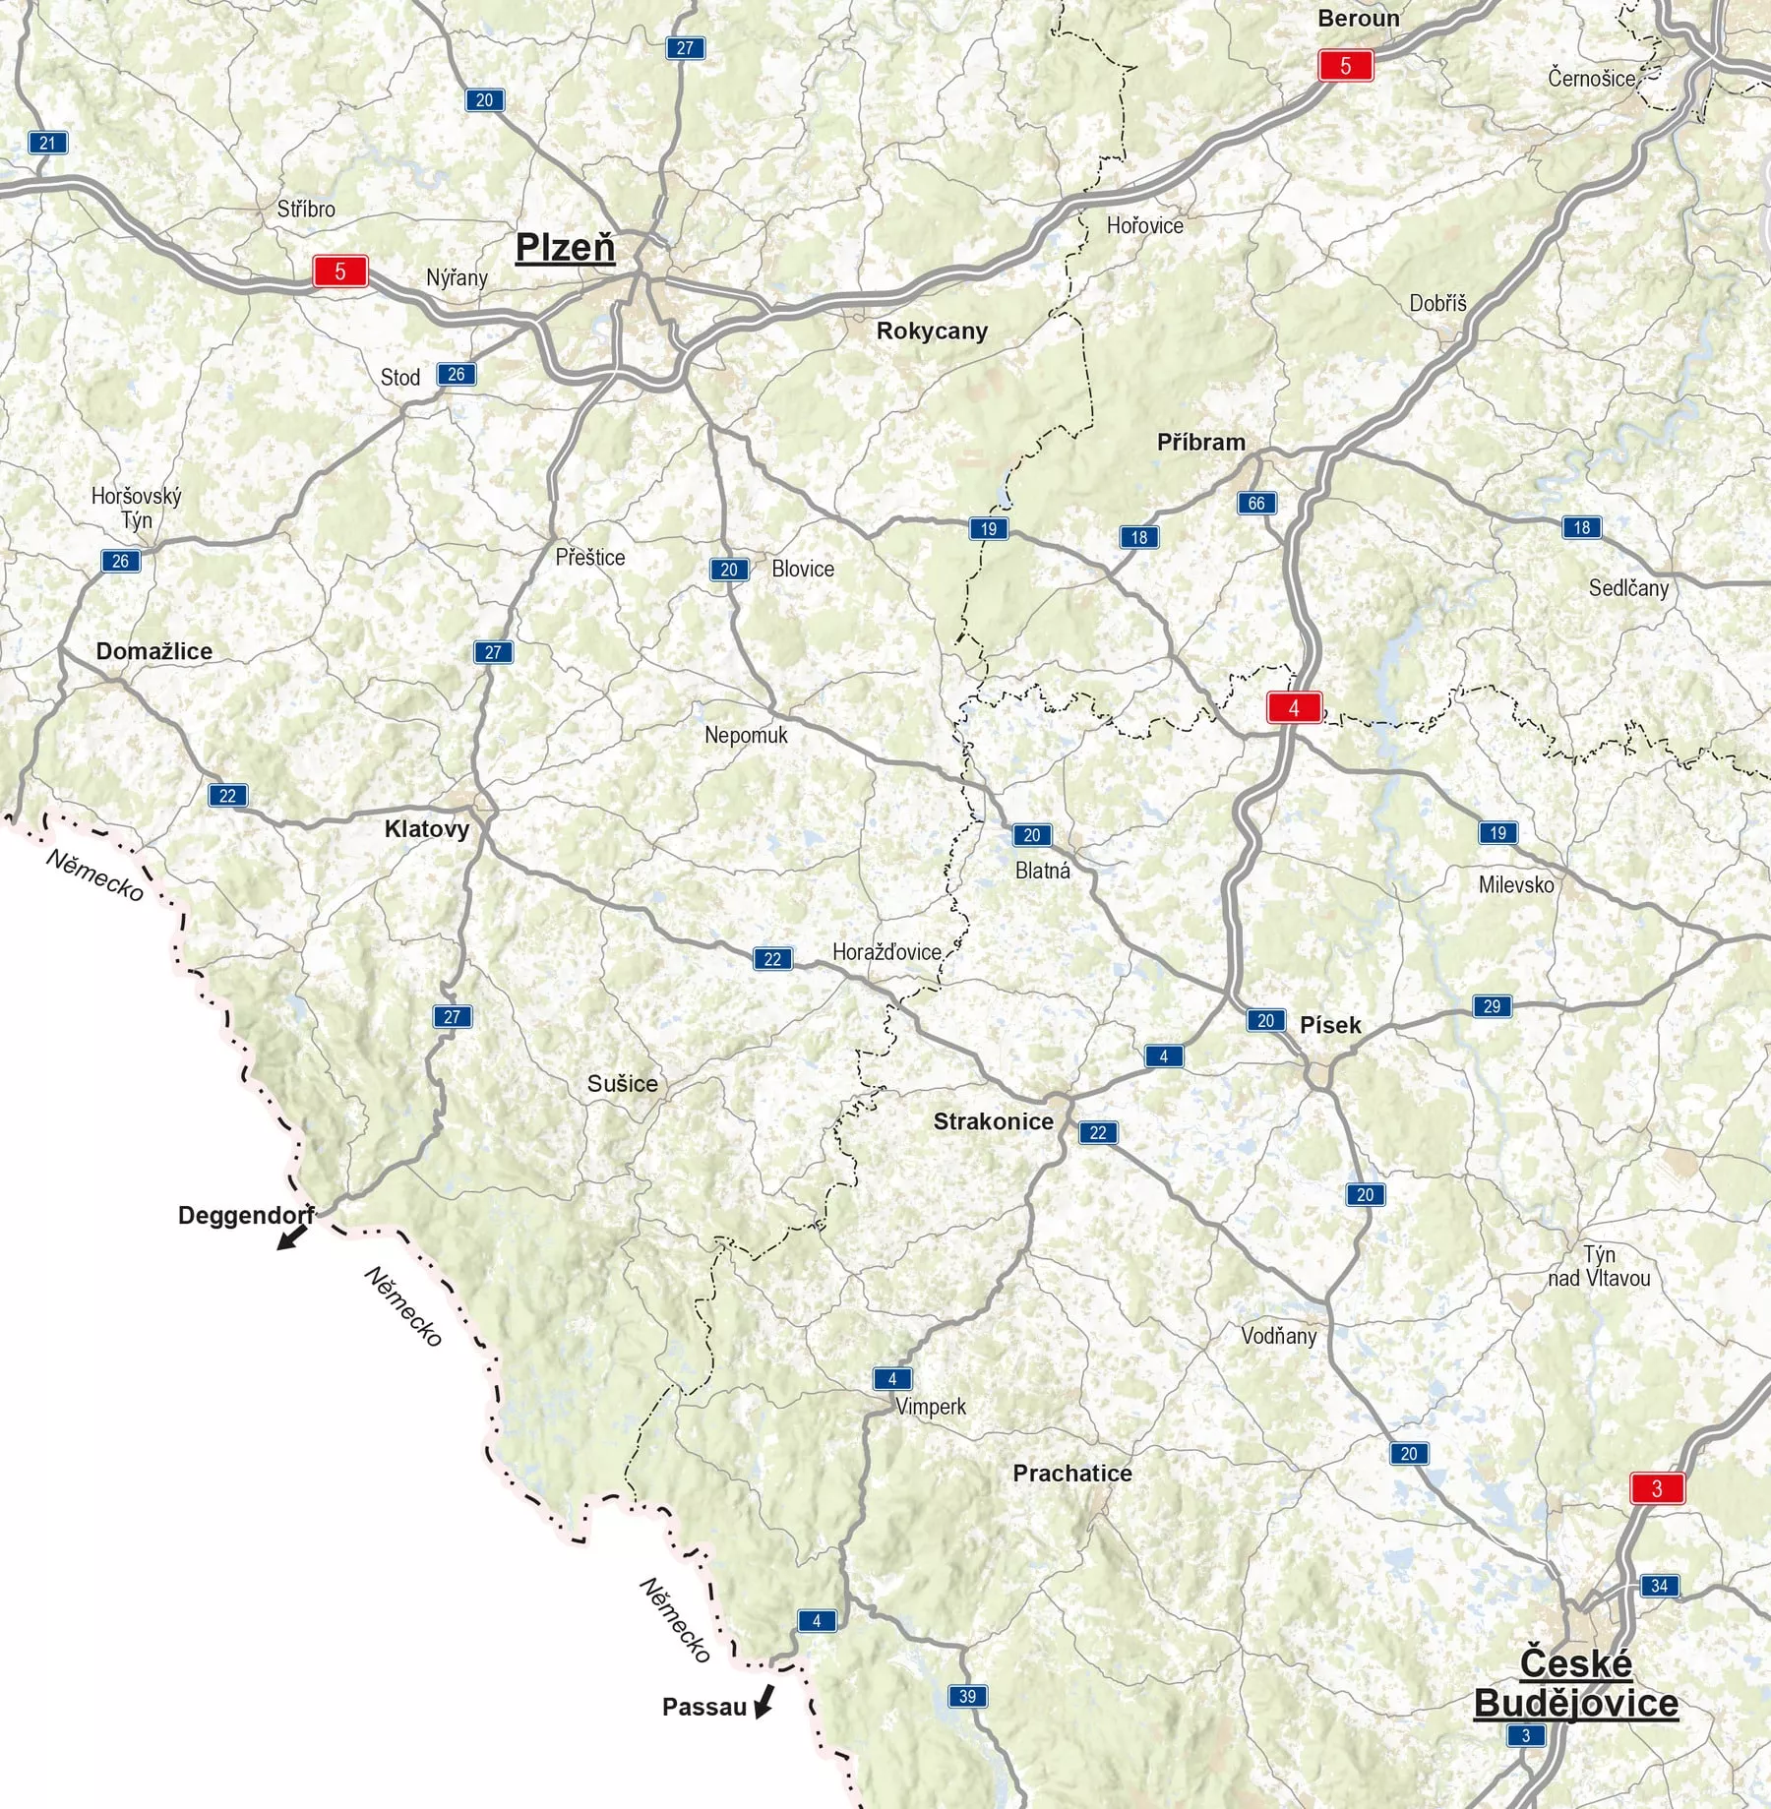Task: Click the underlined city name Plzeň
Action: tap(565, 248)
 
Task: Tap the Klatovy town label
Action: tap(426, 828)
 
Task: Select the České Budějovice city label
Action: tap(1575, 1683)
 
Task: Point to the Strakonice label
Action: tap(993, 1121)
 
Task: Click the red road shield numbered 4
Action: tap(1294, 708)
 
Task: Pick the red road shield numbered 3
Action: tap(1657, 1488)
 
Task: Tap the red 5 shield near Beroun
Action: tap(1346, 66)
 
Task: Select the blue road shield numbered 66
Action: tap(1256, 504)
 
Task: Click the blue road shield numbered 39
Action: tap(967, 1696)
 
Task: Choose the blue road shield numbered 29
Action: tap(1492, 1006)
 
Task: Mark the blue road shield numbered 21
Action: tap(47, 143)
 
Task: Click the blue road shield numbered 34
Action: tap(1659, 1585)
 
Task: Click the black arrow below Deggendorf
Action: tap(291, 1236)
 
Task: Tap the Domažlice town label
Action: tap(153, 651)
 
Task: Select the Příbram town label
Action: tap(1200, 443)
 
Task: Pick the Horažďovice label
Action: tap(886, 952)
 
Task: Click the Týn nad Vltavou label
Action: tap(1599, 1266)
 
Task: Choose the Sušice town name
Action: tap(622, 1084)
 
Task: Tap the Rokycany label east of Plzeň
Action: tap(932, 332)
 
